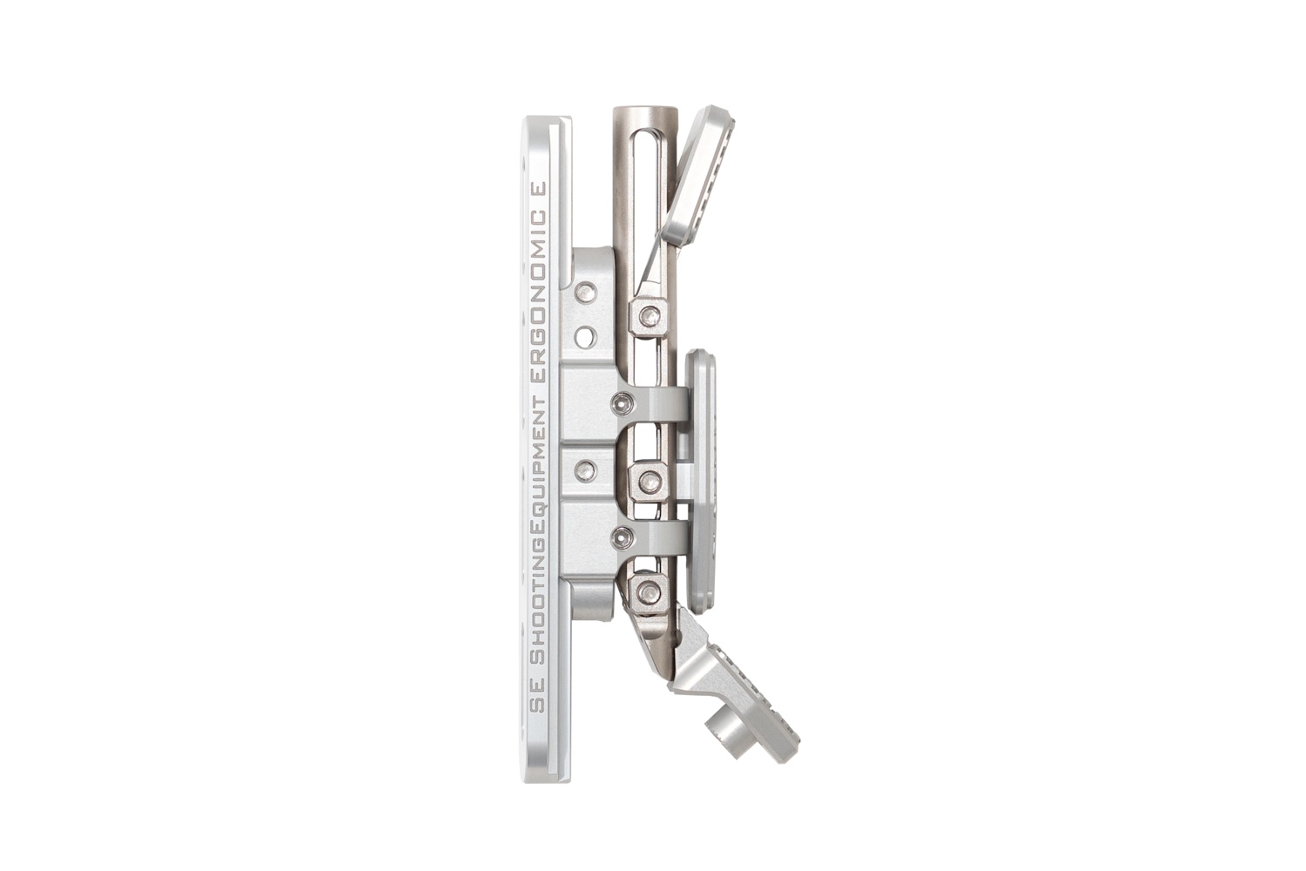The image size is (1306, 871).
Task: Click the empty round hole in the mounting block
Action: (x=586, y=335)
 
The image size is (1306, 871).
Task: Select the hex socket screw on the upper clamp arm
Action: (x=623, y=402)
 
